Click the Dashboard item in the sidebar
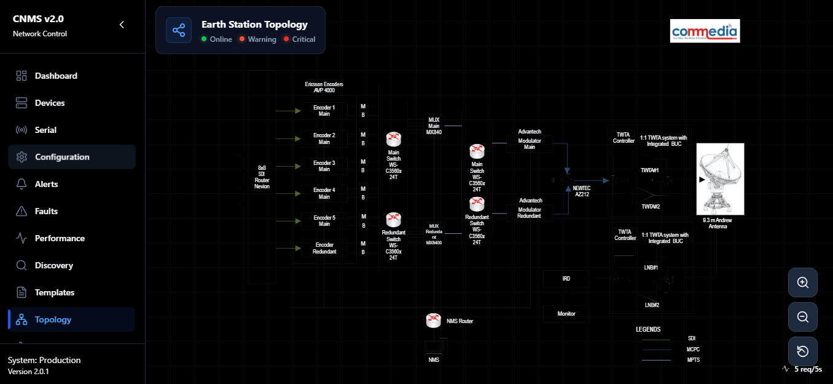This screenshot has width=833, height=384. click(55, 76)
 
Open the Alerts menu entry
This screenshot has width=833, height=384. click(46, 184)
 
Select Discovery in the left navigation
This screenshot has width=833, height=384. click(53, 265)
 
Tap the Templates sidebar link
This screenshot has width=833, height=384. click(54, 292)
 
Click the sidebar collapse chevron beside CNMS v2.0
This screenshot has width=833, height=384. click(122, 25)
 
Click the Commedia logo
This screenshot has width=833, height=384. click(705, 31)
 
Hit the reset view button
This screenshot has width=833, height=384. click(802, 351)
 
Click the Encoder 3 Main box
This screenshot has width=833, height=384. click(324, 166)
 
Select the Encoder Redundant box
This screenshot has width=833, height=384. click(324, 248)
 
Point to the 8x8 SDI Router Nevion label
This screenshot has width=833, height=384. click(262, 177)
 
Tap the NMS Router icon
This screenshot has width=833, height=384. click(434, 320)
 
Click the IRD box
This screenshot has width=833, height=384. click(566, 279)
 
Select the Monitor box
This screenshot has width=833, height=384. click(566, 314)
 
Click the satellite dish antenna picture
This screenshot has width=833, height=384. click(720, 178)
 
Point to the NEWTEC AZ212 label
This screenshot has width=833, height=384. click(581, 190)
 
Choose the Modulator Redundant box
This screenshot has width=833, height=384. click(529, 213)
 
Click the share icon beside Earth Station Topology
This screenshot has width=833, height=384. click(179, 30)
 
